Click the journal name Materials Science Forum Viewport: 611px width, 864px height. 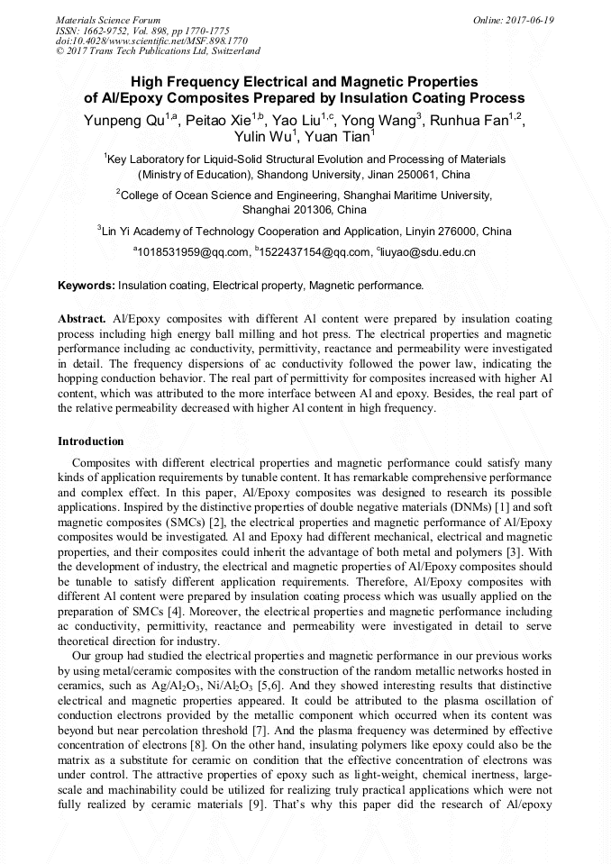pos(108,20)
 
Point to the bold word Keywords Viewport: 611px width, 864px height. pos(87,286)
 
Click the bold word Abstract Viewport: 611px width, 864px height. pos(82,320)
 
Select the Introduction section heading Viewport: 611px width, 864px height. pos(91,441)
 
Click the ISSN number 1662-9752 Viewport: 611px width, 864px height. pos(113,31)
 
